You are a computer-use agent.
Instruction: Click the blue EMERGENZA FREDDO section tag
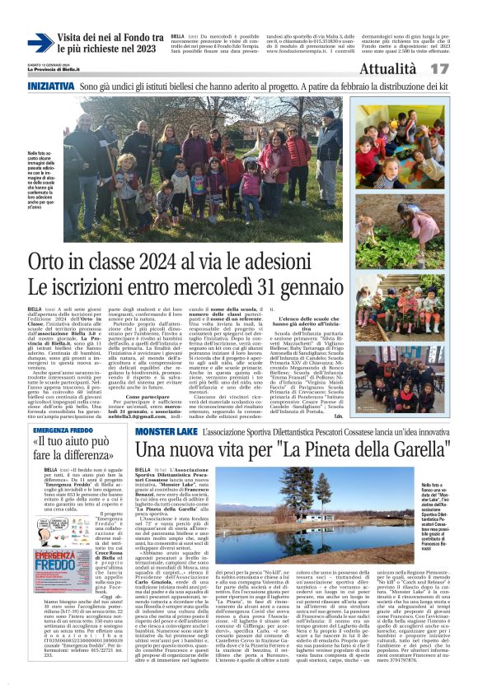(x=58, y=430)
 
